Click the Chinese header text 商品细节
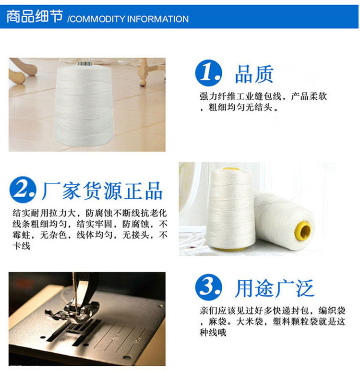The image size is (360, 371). (35, 16)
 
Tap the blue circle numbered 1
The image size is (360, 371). (208, 72)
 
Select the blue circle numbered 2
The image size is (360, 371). (23, 190)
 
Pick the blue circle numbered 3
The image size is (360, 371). (208, 287)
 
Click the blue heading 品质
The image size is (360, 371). (254, 74)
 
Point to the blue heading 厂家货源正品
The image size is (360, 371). (102, 191)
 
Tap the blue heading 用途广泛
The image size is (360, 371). (275, 288)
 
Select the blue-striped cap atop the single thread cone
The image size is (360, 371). (84, 63)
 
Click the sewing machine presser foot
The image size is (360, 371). (73, 312)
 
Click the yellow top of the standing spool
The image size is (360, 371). (230, 169)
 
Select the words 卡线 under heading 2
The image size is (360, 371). (22, 246)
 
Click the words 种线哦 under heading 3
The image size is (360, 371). (213, 333)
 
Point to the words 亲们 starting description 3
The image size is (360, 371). (208, 311)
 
